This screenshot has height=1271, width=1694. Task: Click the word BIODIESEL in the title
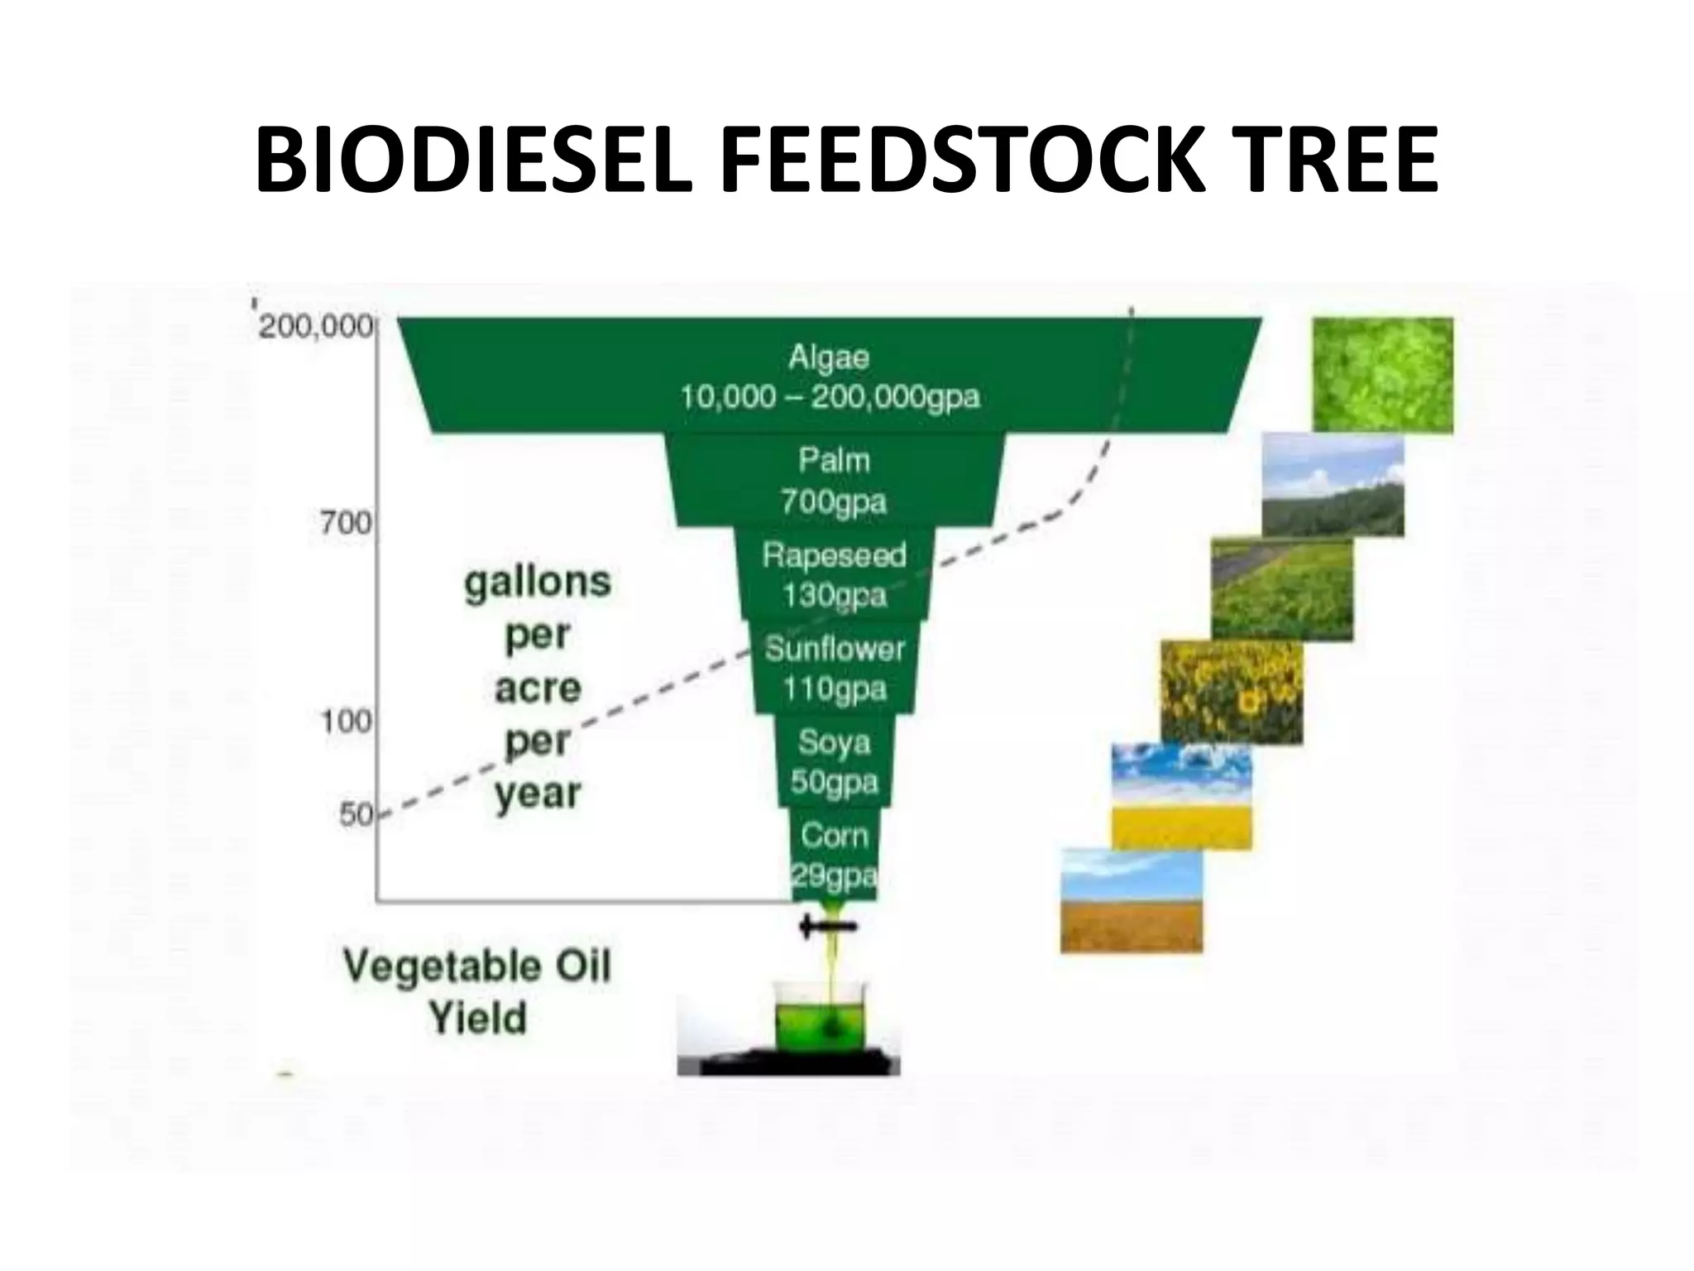pos(474,161)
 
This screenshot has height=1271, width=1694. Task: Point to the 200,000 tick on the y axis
pos(316,328)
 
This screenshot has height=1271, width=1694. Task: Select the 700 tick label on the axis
pos(346,523)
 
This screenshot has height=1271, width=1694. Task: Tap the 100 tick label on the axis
pos(346,722)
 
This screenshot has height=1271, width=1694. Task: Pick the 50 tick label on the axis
pos(357,815)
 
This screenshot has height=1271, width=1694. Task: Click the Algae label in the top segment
pos(829,357)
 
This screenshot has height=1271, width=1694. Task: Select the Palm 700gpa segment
pos(834,480)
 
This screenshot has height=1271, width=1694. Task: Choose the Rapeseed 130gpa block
pos(834,573)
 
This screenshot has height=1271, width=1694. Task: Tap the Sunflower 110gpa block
pos(834,668)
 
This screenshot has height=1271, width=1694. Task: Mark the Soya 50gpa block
pos(834,761)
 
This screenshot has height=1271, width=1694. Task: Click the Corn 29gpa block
pos(834,855)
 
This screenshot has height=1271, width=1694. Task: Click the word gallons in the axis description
pos(538,582)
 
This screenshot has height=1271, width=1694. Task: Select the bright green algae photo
pos(1382,374)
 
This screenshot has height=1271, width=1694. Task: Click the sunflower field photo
pos(1232,692)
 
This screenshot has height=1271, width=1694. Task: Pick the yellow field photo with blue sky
pos(1181,796)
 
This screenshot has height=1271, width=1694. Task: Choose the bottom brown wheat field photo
pos(1132,900)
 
